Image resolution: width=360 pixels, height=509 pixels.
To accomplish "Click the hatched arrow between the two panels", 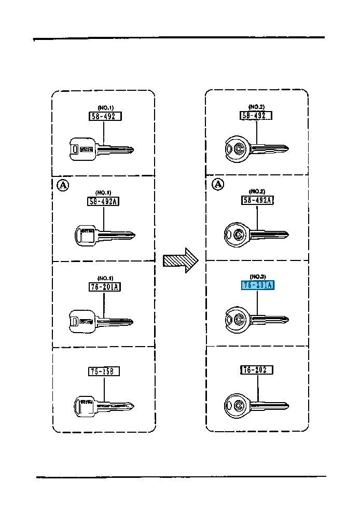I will [x=181, y=259].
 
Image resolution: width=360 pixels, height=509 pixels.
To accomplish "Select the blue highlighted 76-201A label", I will [x=257, y=285].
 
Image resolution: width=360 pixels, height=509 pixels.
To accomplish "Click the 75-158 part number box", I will [x=104, y=371].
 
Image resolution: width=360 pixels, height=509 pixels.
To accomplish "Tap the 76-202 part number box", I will [x=257, y=370].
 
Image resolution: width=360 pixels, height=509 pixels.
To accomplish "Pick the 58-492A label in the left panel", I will [x=103, y=201].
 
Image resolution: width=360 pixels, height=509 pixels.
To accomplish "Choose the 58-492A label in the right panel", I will [x=257, y=200].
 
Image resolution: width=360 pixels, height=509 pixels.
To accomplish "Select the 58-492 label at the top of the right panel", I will [x=256, y=115].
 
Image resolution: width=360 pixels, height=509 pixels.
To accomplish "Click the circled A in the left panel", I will [x=62, y=185].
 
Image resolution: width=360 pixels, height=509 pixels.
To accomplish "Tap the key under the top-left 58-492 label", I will [x=101, y=149].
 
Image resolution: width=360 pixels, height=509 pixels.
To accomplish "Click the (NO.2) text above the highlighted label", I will [x=257, y=276].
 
